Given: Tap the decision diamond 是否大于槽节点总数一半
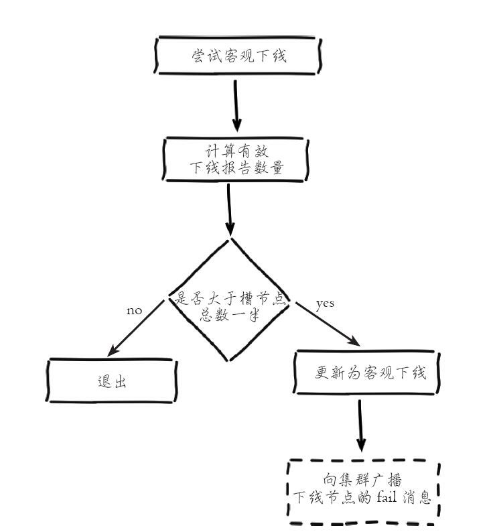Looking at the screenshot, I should tap(230, 300).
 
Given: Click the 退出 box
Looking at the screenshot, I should tap(111, 381).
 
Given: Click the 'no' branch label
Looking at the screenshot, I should tap(134, 311).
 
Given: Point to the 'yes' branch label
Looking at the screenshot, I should tap(325, 304).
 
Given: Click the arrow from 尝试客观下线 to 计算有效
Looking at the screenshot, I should tap(236, 105).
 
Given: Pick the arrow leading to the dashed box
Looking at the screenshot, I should tap(362, 425).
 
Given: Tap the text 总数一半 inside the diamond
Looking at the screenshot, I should tap(229, 315).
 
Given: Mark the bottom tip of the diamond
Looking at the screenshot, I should tap(230, 360).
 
